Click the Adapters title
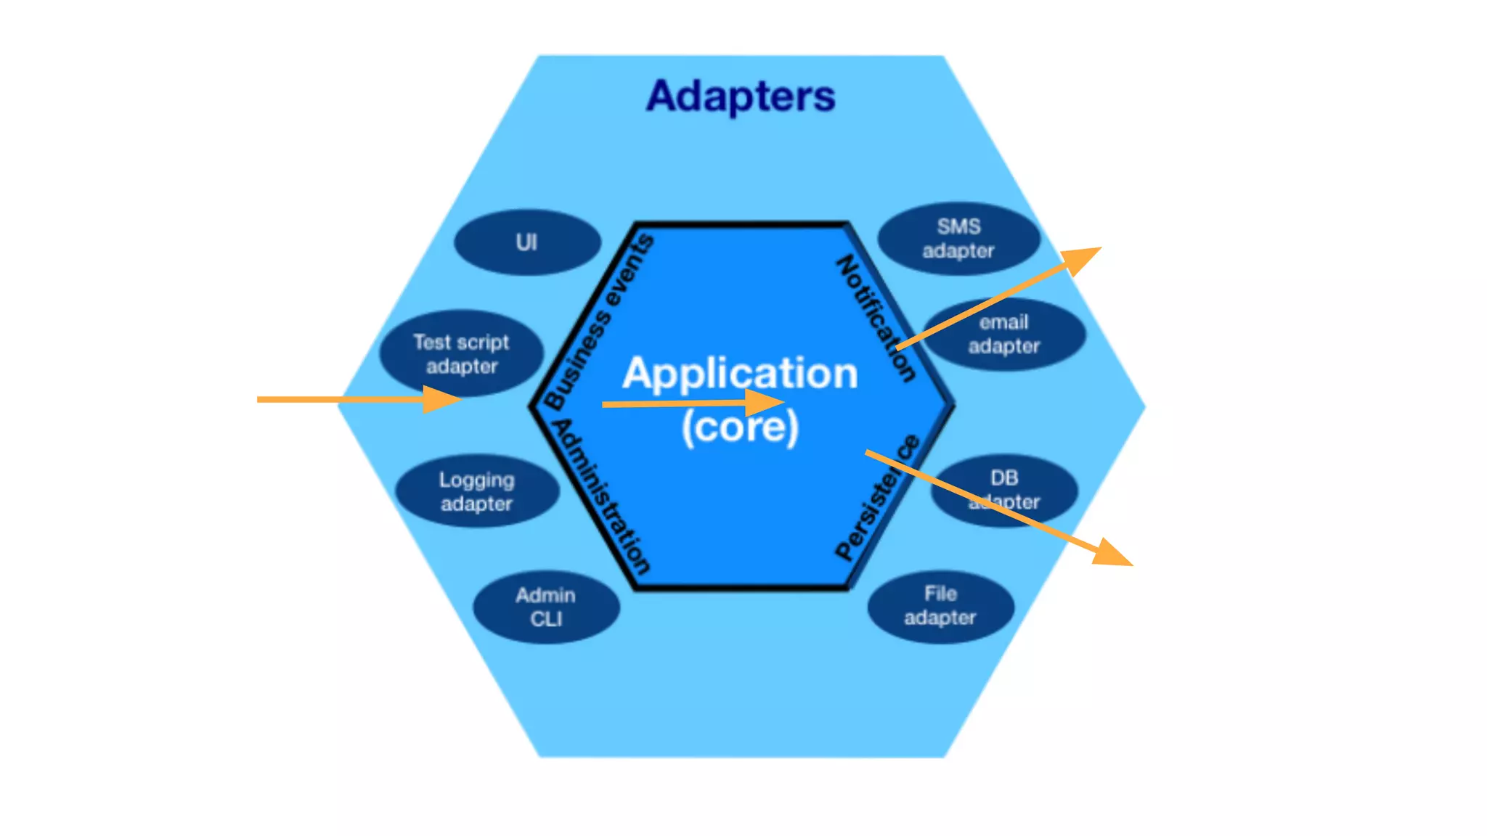(741, 97)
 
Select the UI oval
(527, 242)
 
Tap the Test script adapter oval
(461, 353)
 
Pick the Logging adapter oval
(477, 491)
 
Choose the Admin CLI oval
(546, 607)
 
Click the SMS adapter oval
(958, 238)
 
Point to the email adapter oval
(1004, 334)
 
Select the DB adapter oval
(1004, 489)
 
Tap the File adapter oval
(940, 605)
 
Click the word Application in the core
(741, 373)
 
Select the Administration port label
(600, 496)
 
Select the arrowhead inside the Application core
(765, 402)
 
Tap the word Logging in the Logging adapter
(477, 480)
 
